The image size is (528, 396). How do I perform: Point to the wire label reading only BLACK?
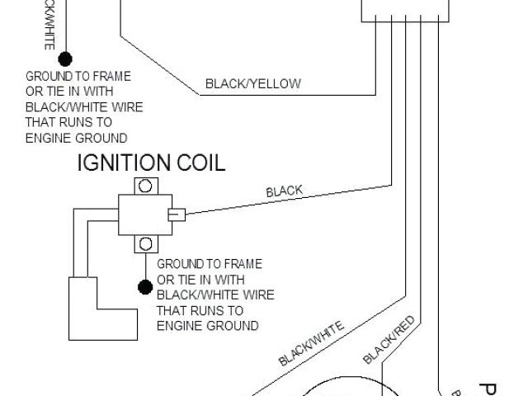pos(284,192)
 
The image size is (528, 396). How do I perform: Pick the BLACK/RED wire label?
pos(387,338)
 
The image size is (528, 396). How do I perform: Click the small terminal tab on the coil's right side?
pos(177,215)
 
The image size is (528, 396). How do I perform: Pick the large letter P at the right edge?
pos(488,388)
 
